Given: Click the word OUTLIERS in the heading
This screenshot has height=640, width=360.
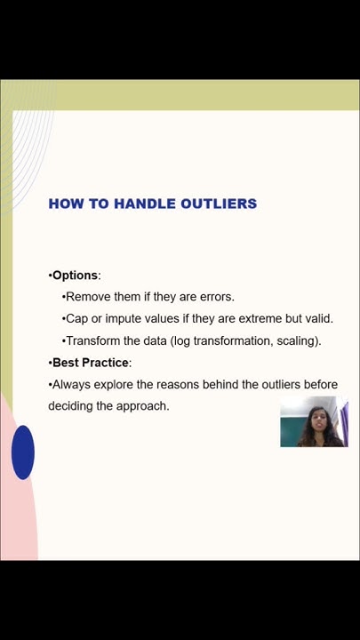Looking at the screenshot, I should (219, 204).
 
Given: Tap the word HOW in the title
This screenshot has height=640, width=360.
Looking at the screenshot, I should (65, 204).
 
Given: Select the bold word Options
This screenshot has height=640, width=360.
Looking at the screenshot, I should (75, 276).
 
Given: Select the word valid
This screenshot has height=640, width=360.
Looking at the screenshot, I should (317, 318).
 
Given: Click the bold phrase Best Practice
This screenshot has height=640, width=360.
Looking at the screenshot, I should (91, 363).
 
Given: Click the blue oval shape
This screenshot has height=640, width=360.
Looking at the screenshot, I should (23, 452).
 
